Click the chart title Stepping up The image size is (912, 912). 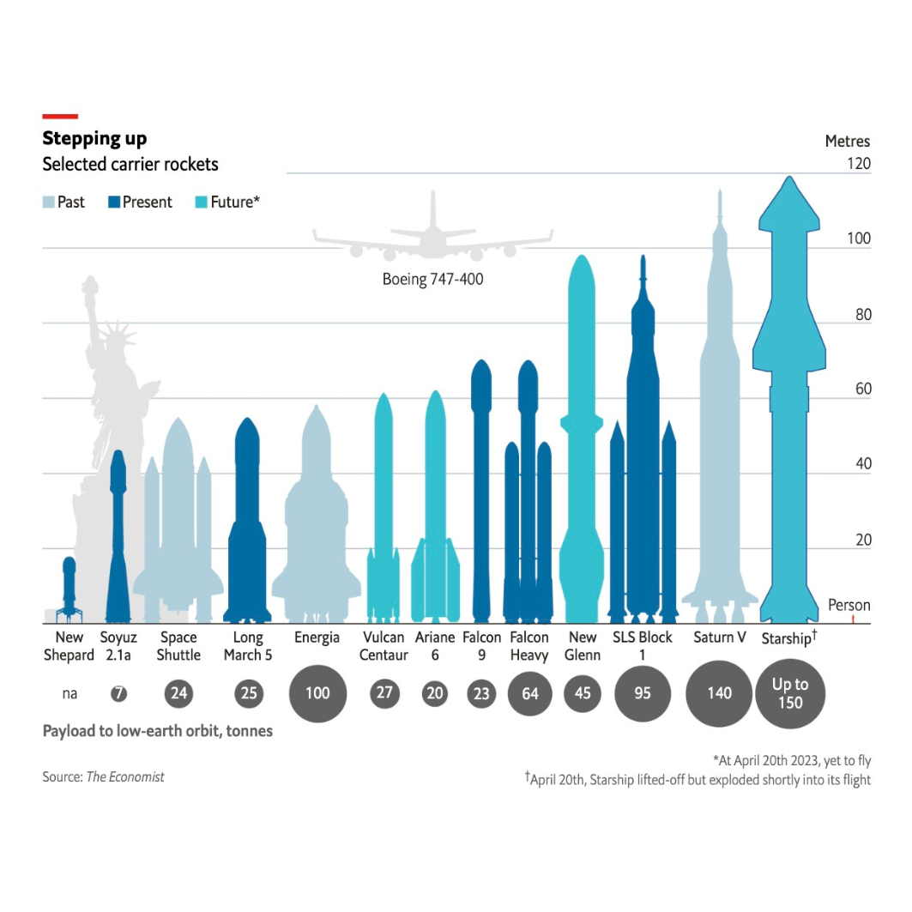[94, 139]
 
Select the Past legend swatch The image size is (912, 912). [49, 202]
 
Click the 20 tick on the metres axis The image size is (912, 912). [861, 540]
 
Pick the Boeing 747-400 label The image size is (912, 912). [432, 280]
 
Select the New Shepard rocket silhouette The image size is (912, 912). [69, 589]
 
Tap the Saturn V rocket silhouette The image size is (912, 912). [720, 429]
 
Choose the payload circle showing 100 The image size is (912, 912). [317, 693]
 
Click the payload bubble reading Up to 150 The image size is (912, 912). [790, 693]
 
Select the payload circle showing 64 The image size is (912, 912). [530, 693]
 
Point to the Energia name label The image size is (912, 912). [317, 637]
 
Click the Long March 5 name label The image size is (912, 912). [248, 646]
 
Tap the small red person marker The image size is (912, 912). [853, 619]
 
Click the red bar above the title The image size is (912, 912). [60, 116]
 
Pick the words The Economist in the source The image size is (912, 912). [125, 776]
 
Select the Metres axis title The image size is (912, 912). [847, 142]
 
